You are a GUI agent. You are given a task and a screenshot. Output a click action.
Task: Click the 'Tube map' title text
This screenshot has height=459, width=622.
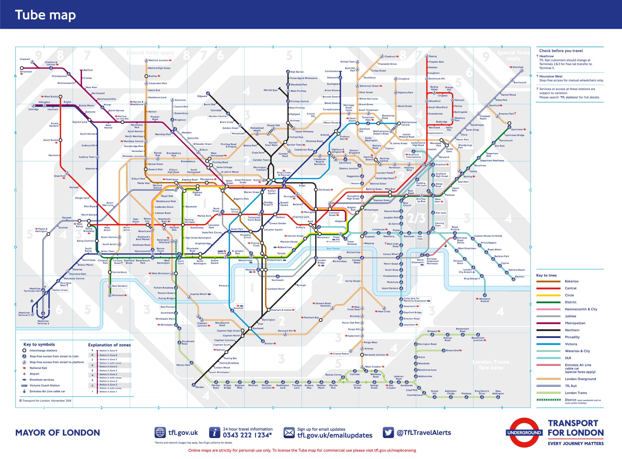point(45,15)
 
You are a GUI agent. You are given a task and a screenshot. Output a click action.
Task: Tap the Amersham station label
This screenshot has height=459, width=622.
point(26,72)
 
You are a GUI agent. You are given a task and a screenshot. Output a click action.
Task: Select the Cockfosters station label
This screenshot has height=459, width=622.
point(331,71)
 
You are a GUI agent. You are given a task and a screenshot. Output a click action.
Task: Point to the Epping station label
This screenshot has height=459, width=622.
point(433,56)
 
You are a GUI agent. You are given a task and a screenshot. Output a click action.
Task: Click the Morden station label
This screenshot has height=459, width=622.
point(199,387)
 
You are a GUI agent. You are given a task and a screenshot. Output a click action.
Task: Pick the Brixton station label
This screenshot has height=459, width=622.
point(268,344)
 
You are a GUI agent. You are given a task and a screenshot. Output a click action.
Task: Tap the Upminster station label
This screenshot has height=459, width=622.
point(517,130)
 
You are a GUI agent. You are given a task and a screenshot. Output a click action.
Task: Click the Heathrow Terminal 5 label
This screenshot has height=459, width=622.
point(24,314)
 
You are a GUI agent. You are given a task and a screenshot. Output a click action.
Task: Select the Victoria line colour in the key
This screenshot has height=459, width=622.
point(548,344)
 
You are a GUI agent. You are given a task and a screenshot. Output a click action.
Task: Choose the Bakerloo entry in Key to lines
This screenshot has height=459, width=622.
point(571,281)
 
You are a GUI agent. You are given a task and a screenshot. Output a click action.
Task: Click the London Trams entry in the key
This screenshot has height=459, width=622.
point(576,393)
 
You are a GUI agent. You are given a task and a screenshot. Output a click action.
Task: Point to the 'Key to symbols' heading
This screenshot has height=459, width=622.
point(39,344)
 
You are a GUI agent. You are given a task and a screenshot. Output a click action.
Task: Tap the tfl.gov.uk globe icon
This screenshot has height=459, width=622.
point(160,433)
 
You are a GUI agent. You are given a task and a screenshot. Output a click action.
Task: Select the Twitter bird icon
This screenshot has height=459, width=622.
point(388,433)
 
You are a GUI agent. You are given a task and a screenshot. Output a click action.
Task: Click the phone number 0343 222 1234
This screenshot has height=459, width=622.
point(247,435)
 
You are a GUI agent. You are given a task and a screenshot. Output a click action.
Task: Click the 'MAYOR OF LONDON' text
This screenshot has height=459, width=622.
point(58,433)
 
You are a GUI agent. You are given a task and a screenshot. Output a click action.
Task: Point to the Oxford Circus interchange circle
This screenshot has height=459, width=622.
point(240,214)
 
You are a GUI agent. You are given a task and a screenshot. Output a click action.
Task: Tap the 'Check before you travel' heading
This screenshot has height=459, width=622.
point(561,51)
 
